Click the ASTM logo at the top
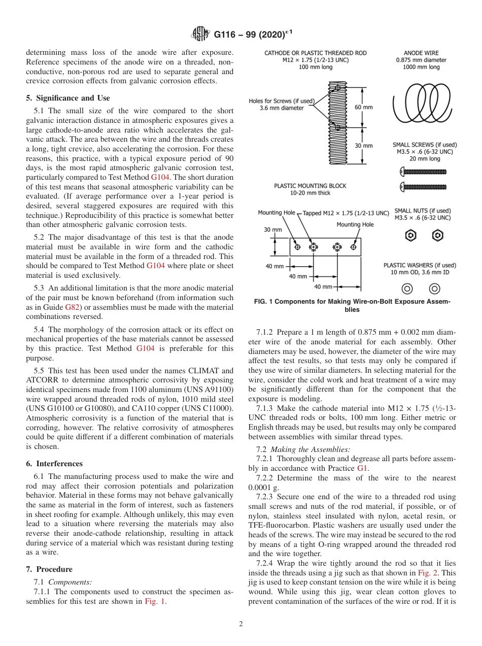pyautogui.click(x=201, y=35)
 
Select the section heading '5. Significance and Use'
pyautogui.click(x=67, y=98)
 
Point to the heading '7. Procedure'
pyautogui.click(x=49, y=569)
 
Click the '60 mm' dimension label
pyautogui.click(x=364, y=107)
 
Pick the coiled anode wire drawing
pyautogui.click(x=422, y=104)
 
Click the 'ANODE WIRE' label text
pyautogui.click(x=421, y=53)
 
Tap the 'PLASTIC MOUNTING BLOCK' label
pyautogui.click(x=310, y=186)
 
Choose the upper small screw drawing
pyautogui.click(x=424, y=172)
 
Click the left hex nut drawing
pyautogui.click(x=411, y=236)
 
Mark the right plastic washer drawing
pyautogui.click(x=434, y=289)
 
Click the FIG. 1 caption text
pyautogui.click(x=352, y=305)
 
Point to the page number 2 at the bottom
pyautogui.click(x=241, y=624)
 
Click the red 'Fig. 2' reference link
pyautogui.click(x=432, y=573)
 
